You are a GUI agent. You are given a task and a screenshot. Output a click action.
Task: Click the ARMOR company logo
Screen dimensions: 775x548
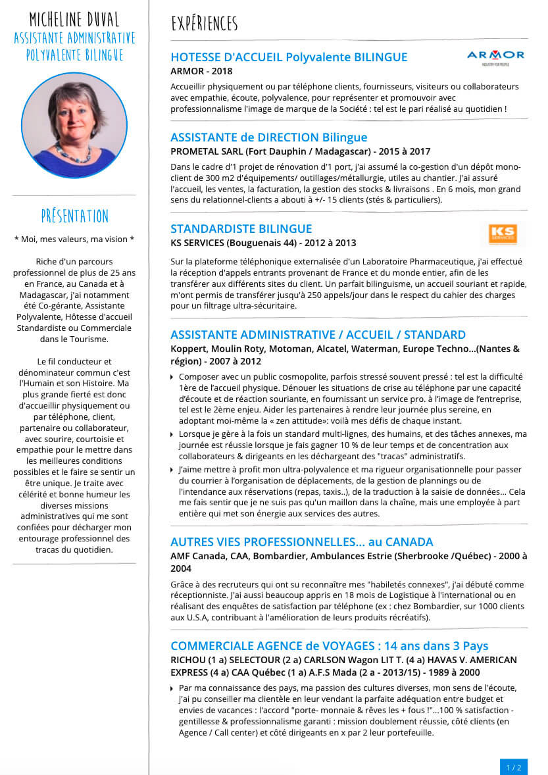(x=495, y=57)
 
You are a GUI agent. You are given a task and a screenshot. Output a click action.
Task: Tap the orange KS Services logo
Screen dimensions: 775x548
(x=503, y=234)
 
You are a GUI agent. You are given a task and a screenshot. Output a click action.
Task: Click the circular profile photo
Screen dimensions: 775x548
(x=74, y=126)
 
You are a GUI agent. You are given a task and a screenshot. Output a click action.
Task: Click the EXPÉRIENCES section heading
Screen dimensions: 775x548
(x=204, y=24)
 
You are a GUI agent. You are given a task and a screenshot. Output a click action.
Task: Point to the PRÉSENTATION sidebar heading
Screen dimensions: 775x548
(x=74, y=216)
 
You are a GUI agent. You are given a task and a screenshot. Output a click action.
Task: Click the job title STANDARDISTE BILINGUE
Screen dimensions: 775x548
(x=241, y=229)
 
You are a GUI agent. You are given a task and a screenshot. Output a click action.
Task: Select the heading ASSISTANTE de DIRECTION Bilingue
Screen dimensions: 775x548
(x=268, y=137)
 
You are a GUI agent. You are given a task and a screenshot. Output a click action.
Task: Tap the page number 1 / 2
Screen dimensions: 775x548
(x=513, y=767)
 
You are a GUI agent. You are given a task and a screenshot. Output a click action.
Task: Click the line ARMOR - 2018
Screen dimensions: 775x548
(x=201, y=71)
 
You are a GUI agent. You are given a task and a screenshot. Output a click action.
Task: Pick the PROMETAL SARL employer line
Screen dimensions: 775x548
(x=300, y=151)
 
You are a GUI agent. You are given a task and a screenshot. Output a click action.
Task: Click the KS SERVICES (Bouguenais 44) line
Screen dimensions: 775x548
(x=263, y=243)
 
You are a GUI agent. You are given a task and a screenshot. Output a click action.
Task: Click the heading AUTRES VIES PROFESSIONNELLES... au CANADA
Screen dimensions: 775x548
(x=301, y=542)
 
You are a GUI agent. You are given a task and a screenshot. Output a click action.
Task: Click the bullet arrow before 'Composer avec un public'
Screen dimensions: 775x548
(x=172, y=377)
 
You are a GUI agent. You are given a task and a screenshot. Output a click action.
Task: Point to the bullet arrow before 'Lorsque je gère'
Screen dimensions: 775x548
(x=172, y=434)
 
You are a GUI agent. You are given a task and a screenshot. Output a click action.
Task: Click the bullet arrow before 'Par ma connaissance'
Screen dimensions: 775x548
(x=172, y=688)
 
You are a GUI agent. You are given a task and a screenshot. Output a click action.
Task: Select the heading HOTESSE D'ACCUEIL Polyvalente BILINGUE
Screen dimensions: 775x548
(x=289, y=57)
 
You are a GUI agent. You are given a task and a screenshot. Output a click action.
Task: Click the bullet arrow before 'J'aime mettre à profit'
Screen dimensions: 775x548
(x=172, y=470)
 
